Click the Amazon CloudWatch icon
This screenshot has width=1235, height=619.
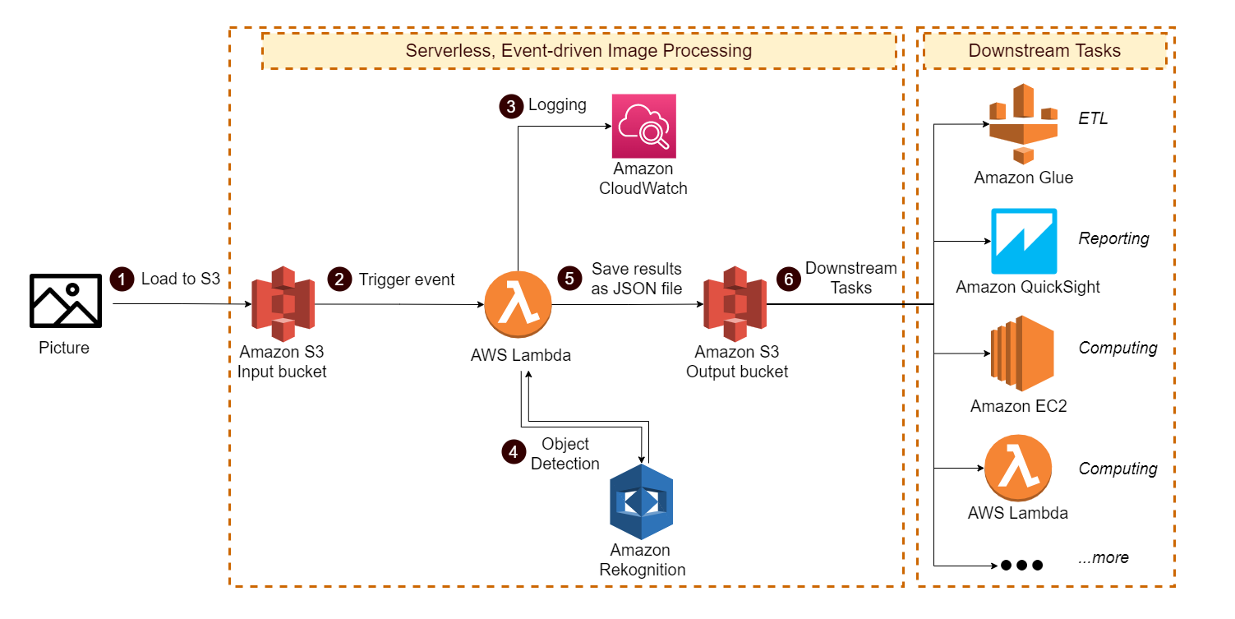[643, 126]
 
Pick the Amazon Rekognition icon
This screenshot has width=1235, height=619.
[640, 501]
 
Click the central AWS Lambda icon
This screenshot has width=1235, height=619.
[518, 305]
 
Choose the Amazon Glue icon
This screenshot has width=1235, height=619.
[1022, 123]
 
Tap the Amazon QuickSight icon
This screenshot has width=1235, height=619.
[1023, 241]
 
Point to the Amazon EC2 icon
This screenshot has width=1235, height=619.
[1021, 354]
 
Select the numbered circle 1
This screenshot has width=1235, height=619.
[122, 279]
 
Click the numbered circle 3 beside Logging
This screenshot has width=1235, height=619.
[511, 106]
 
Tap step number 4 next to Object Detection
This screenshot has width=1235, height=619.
[514, 451]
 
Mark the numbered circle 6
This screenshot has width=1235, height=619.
[789, 279]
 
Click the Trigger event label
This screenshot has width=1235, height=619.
[407, 279]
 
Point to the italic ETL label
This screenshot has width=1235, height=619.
[1093, 119]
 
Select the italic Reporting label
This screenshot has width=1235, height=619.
[1113, 238]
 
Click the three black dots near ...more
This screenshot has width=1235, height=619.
[1021, 565]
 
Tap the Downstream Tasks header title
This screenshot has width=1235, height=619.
[1044, 51]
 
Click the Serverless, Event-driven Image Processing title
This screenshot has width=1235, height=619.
[578, 51]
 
